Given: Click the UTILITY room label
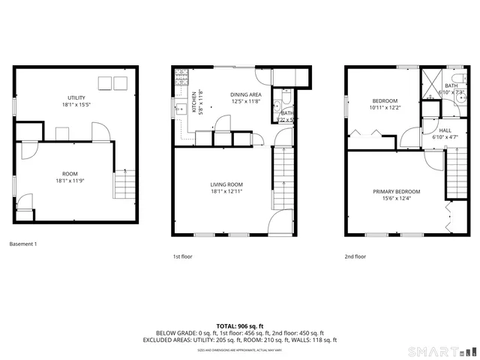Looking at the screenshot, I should [76, 97].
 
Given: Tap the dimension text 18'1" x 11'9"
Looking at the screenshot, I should [76, 181].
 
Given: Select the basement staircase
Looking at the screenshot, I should [124, 183].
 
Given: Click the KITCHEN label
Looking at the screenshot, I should [193, 101].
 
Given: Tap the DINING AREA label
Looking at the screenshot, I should [245, 94].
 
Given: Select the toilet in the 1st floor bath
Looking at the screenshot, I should [277, 106].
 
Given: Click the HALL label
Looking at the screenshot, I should [444, 130].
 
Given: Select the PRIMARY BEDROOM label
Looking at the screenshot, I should [395, 191].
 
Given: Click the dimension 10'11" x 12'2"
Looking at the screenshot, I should [385, 108].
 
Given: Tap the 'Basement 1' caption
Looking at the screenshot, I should [22, 244].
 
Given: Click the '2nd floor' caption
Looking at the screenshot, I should [355, 256].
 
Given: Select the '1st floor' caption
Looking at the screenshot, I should [182, 256].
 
